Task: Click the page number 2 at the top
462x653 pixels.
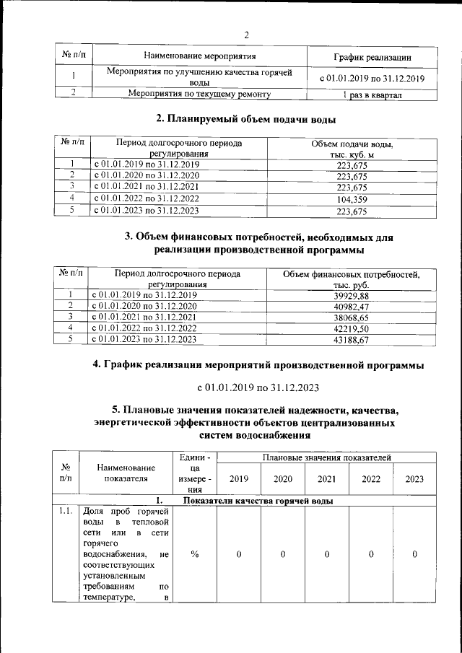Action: tap(245, 35)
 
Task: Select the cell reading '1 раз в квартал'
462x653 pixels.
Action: tap(372, 95)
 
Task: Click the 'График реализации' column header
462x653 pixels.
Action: tap(372, 56)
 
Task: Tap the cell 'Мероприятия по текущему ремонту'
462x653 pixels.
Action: tap(199, 94)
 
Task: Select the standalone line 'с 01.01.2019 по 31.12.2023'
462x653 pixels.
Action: tap(258, 387)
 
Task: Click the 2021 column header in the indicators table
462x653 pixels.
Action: tap(326, 478)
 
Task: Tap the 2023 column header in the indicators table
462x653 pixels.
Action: tap(414, 478)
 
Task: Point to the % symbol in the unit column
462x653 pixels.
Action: tap(194, 553)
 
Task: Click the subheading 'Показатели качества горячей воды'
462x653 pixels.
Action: tap(256, 501)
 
